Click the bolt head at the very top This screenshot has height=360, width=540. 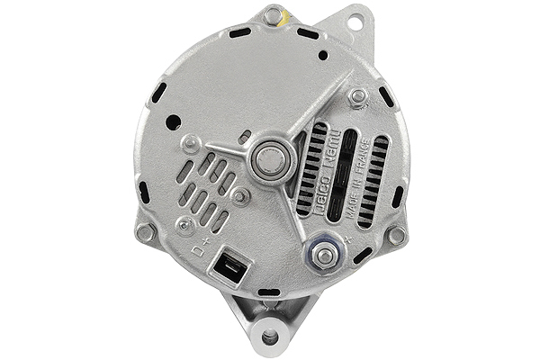pyautogui.click(x=271, y=15)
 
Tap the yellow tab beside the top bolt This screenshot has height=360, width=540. pyautogui.click(x=286, y=16)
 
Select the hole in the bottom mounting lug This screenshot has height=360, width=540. pyautogui.click(x=269, y=337)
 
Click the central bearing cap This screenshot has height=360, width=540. pyautogui.click(x=267, y=161)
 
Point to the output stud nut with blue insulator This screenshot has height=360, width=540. pyautogui.click(x=325, y=256)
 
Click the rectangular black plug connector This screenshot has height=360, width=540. pyautogui.click(x=229, y=267)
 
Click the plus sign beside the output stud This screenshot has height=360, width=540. pyautogui.click(x=347, y=239)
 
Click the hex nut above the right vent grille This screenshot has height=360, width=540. pyautogui.click(x=357, y=95)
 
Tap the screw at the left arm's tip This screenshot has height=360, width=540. pyautogui.click(x=192, y=142)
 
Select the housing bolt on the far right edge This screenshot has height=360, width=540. pyautogui.click(x=395, y=235)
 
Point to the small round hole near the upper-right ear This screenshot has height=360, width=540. pyautogui.click(x=322, y=55)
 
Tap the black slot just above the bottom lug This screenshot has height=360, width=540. pyautogui.click(x=269, y=292)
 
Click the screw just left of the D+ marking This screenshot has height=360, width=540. pyautogui.click(x=184, y=224)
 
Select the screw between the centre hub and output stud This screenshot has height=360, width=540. pyautogui.click(x=240, y=194)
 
